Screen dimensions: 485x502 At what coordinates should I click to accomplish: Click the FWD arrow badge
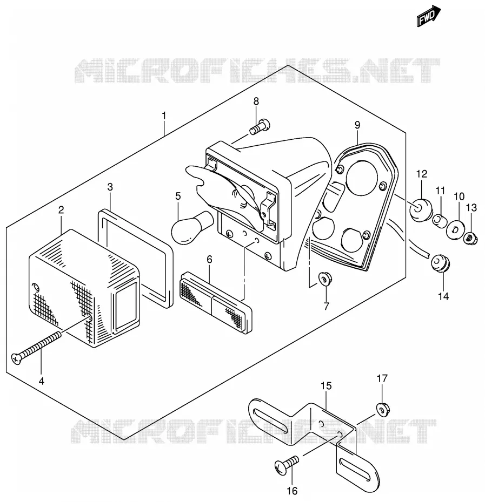[429, 16]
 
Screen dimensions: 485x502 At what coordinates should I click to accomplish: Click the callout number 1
[164, 116]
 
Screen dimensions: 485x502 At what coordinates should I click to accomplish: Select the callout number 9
[357, 125]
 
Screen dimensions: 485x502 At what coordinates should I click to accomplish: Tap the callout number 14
[443, 296]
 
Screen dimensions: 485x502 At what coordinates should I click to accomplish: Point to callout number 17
[382, 378]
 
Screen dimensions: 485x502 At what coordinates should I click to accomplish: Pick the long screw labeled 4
[36, 348]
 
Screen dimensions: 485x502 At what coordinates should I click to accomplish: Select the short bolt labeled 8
[260, 127]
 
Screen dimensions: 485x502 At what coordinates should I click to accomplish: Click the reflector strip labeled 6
[216, 302]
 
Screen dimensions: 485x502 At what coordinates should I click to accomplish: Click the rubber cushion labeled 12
[421, 210]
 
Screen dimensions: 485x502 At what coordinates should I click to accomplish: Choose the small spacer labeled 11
[440, 221]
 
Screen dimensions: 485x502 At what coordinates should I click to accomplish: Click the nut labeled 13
[471, 239]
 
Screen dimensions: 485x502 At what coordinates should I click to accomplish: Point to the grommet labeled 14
[440, 263]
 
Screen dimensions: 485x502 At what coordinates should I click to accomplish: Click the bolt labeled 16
[287, 465]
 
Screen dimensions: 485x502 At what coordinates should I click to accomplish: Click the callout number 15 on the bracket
[326, 386]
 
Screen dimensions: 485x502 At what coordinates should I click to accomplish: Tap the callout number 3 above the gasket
[110, 187]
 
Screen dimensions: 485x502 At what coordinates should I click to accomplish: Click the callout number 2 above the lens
[61, 209]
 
